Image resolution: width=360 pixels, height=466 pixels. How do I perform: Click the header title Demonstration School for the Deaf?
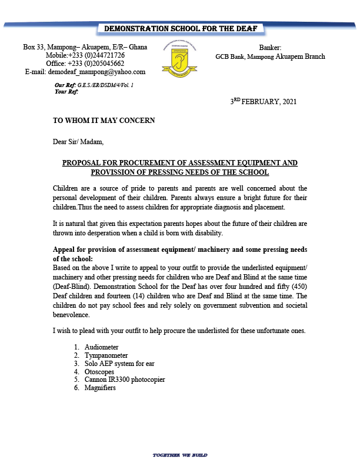[180, 29]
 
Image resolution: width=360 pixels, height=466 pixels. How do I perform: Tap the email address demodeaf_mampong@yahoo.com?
[85, 72]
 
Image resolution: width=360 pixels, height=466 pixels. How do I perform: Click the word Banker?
[270, 48]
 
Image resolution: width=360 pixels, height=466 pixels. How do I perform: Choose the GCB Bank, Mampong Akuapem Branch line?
[270, 57]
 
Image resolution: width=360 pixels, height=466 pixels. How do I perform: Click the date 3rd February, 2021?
[264, 101]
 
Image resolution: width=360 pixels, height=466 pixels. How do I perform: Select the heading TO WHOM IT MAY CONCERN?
[104, 120]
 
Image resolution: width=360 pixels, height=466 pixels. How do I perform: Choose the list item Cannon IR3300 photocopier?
[125, 380]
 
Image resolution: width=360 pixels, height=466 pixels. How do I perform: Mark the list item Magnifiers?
[100, 388]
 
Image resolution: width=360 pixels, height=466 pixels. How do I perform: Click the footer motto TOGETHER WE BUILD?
[180, 455]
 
